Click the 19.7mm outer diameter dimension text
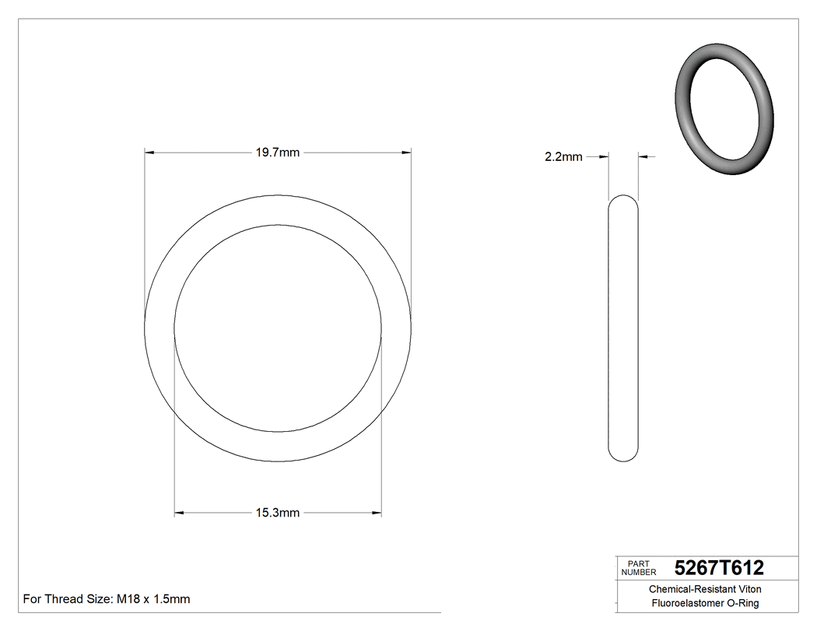tap(278, 152)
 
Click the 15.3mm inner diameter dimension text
tap(278, 513)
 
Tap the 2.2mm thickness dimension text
tap(563, 156)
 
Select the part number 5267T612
tap(719, 567)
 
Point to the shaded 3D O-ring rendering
tap(724, 108)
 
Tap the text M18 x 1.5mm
tap(153, 599)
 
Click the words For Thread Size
tap(68, 599)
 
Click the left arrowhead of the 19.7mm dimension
tap(150, 152)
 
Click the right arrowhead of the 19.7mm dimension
tap(406, 152)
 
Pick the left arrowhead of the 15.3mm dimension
tap(179, 513)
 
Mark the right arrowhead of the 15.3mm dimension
tap(377, 513)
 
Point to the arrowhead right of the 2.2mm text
tap(604, 156)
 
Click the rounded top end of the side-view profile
tap(622, 200)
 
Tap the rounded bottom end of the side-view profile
tap(622, 457)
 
